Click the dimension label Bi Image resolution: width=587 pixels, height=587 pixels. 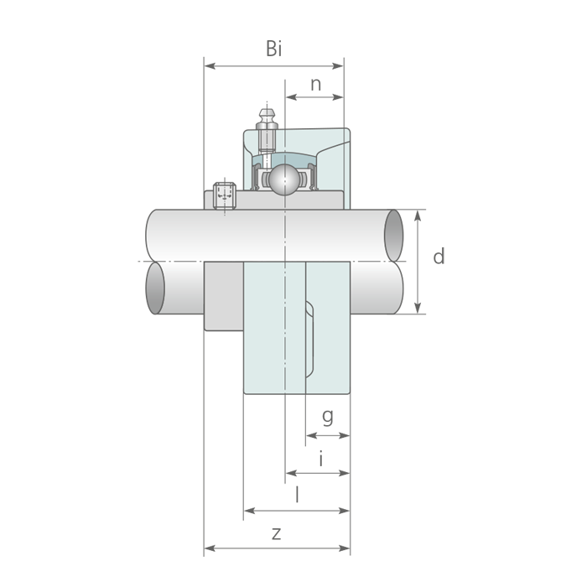click(x=273, y=49)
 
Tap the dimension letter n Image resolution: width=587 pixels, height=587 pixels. click(x=315, y=85)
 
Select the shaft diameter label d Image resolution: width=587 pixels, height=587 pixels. click(x=439, y=257)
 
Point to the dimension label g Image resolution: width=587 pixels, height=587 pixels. click(x=328, y=417)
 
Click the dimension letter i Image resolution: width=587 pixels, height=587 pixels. click(x=321, y=459)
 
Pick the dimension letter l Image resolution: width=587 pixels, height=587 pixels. click(x=297, y=494)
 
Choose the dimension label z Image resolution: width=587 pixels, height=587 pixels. click(x=276, y=534)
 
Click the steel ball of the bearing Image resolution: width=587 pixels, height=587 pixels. click(x=284, y=179)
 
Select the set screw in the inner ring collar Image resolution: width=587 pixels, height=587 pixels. click(x=225, y=195)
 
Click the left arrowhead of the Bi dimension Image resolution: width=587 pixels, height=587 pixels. click(x=210, y=66)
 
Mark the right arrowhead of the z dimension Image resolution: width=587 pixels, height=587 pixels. click(x=344, y=548)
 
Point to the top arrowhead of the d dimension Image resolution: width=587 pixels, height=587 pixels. click(x=418, y=216)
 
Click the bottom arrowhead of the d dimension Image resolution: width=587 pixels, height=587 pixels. click(x=418, y=308)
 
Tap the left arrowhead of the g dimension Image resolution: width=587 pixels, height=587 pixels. click(x=312, y=435)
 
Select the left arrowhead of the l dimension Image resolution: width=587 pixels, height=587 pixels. click(x=250, y=511)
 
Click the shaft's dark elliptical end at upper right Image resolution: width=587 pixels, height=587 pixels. click(x=394, y=236)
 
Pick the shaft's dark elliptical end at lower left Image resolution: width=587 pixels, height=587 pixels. click(x=155, y=288)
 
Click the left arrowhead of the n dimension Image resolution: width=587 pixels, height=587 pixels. click(x=291, y=97)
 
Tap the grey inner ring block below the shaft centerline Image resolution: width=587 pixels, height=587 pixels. click(x=224, y=296)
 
